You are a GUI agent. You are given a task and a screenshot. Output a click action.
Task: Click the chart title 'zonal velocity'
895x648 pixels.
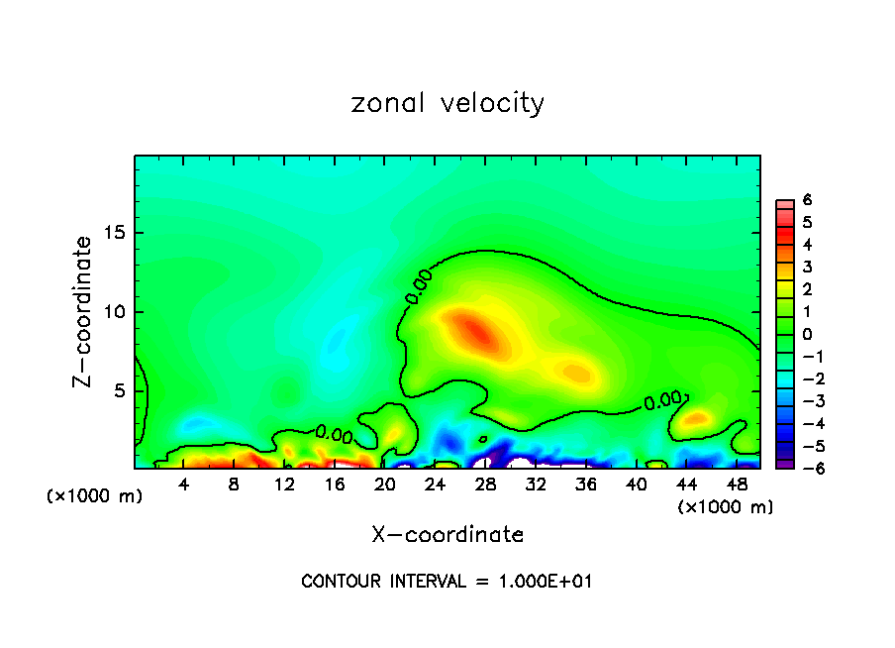click(x=447, y=103)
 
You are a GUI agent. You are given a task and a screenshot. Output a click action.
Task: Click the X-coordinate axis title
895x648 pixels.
click(x=447, y=535)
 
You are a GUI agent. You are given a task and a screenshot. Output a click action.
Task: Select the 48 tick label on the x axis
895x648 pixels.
click(x=736, y=485)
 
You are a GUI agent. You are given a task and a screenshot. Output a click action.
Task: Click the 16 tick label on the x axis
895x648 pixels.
click(x=335, y=485)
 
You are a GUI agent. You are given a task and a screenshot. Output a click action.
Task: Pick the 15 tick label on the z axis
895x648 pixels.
click(x=115, y=234)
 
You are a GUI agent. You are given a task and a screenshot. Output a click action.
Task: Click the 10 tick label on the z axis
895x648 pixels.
click(x=115, y=312)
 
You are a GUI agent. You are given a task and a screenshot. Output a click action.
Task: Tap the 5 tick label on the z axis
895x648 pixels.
click(x=120, y=390)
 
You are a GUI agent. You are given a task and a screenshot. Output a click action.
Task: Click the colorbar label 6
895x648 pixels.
click(x=807, y=200)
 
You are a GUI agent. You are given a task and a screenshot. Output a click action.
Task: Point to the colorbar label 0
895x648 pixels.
click(x=807, y=335)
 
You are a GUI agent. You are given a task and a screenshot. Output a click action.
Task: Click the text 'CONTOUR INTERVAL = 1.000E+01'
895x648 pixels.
click(x=447, y=582)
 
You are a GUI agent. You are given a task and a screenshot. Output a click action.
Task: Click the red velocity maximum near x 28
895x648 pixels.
click(x=475, y=330)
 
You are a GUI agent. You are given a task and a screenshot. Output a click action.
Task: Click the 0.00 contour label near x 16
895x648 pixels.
click(x=334, y=433)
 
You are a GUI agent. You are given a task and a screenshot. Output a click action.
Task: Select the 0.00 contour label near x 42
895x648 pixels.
click(x=663, y=401)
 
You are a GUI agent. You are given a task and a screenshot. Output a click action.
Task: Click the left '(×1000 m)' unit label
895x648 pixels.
click(x=95, y=496)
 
